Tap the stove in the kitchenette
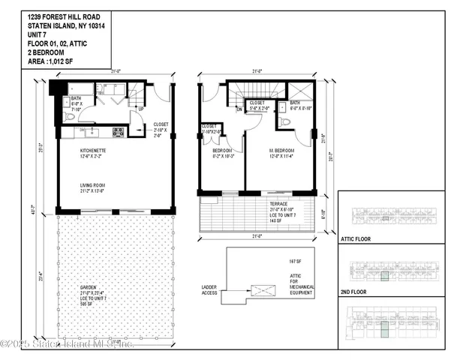click(x=118, y=133)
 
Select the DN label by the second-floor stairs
click(x=239, y=109)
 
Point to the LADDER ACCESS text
click(x=209, y=289)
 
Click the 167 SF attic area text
click(x=283, y=262)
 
